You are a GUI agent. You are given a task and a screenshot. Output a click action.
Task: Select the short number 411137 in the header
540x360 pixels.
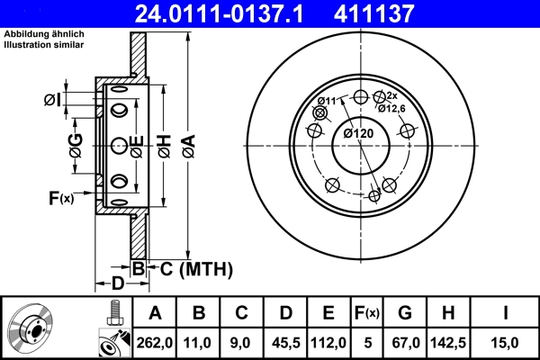(399, 13)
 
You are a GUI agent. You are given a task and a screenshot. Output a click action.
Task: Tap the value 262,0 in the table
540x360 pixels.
(155, 342)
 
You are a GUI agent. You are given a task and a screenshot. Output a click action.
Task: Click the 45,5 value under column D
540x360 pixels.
(285, 342)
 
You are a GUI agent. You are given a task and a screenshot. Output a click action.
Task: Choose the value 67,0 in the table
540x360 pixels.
(405, 342)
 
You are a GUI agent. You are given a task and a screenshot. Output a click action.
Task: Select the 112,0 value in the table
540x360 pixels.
(328, 342)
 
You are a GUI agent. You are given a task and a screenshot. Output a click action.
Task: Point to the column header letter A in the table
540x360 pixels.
(155, 313)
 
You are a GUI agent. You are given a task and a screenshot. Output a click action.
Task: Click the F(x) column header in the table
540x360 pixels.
(367, 313)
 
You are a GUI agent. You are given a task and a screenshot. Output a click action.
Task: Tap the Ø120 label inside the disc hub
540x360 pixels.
(358, 134)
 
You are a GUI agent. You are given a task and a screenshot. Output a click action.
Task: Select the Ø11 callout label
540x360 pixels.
(328, 101)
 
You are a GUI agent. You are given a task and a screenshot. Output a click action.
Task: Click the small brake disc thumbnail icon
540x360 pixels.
(31, 330)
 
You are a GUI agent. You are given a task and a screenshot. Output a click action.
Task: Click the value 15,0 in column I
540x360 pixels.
(508, 342)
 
